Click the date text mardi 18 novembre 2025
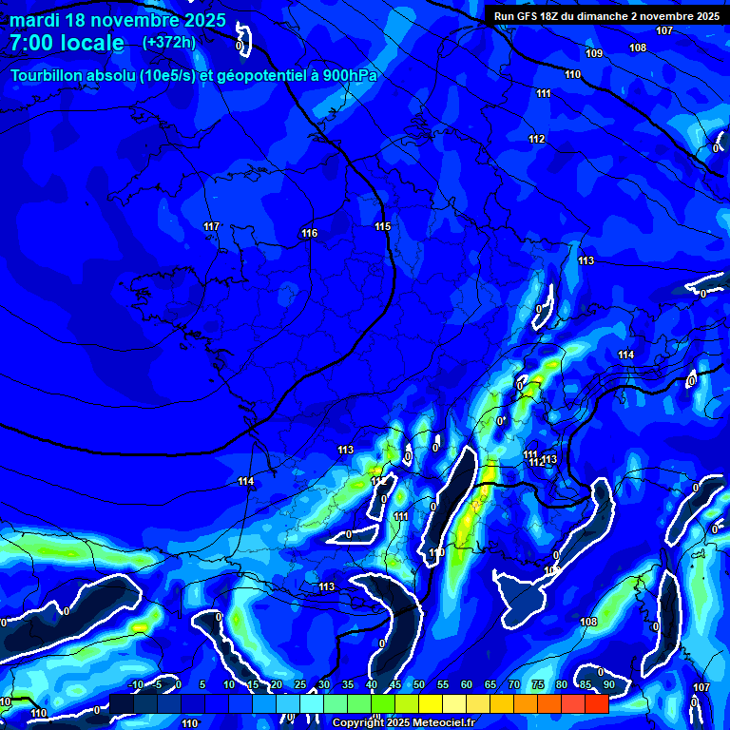[118, 20]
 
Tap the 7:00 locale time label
[67, 43]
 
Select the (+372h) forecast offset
[168, 43]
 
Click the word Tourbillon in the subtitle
[45, 75]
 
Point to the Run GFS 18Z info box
[605, 16]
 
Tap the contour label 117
[211, 226]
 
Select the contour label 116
[309, 233]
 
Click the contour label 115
[382, 226]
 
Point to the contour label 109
[594, 53]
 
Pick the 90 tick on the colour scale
[608, 684]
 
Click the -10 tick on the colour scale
[136, 684]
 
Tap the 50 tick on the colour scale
[419, 684]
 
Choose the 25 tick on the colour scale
[300, 684]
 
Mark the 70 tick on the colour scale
[514, 684]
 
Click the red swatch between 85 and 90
[597, 703]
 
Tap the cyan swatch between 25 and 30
[312, 703]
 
